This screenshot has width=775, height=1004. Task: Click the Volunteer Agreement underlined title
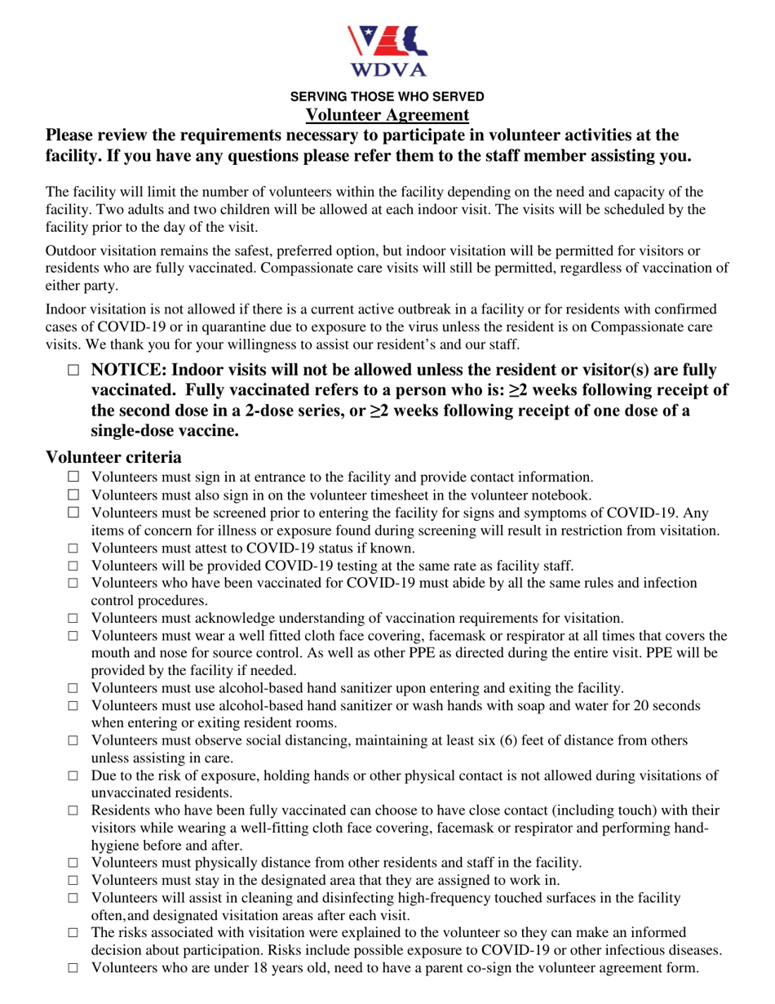pos(387,115)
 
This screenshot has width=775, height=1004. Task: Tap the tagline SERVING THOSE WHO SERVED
pos(387,96)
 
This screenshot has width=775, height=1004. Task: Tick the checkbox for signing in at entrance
pos(74,477)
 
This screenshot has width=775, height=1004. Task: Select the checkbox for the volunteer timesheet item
pos(74,495)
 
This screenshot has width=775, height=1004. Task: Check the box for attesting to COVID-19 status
pos(74,549)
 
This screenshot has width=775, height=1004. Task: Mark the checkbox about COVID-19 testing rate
pos(74,566)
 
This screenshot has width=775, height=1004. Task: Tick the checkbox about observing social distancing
pos(74,741)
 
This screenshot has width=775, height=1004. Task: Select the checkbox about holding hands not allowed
pos(74,776)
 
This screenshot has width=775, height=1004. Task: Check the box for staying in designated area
pos(74,881)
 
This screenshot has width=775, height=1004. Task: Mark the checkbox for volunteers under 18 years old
pos(74,969)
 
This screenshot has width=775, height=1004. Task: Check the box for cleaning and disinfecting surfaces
pos(74,899)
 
